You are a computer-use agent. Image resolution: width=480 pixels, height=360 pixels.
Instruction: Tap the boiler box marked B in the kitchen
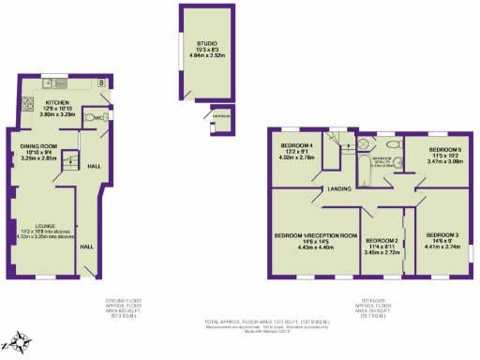(x=100, y=82)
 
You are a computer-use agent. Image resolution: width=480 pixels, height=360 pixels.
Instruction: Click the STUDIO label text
(x=206, y=43)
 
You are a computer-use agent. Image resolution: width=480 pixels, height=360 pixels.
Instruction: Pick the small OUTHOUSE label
(x=220, y=115)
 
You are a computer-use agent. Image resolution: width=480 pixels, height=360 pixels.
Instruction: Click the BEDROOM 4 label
(x=299, y=146)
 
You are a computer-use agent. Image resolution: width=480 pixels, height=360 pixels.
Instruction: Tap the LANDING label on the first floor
(x=338, y=190)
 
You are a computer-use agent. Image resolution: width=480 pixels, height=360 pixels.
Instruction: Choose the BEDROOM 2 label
(x=382, y=241)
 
